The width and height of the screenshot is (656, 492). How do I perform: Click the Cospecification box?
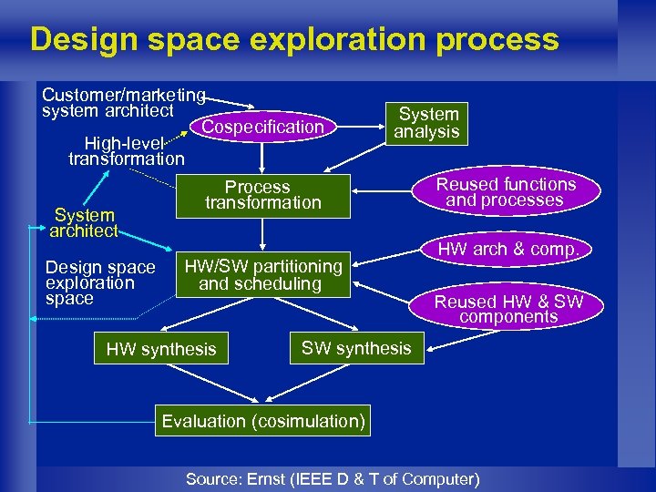[262, 128]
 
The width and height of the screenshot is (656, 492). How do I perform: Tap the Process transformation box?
[262, 195]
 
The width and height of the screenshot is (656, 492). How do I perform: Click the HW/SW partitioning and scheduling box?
[263, 275]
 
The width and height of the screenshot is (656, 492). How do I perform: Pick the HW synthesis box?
[161, 349]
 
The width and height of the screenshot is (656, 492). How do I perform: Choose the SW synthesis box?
[356, 348]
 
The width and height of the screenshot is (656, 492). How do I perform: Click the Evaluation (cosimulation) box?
[263, 421]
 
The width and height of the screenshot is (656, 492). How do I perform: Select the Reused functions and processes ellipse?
[506, 192]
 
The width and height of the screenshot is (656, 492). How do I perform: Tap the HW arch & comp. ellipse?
[508, 249]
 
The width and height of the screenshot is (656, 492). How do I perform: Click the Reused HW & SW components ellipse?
[507, 309]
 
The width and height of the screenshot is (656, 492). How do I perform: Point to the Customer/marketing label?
[124, 95]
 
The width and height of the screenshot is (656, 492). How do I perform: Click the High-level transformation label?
[126, 151]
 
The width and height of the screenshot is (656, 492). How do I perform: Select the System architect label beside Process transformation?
[84, 223]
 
